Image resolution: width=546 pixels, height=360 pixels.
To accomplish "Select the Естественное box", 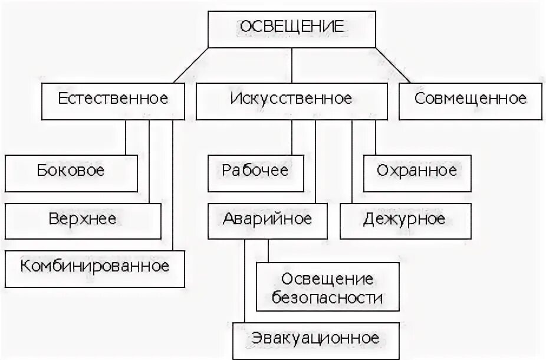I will tap(113, 99).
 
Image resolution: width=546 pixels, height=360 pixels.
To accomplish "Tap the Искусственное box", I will tap(291, 99).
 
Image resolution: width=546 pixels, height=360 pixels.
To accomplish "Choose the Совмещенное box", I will tap(470, 99).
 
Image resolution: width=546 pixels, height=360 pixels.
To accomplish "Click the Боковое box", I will tap(71, 172).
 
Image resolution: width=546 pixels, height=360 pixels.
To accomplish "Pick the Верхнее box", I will tap(83, 220).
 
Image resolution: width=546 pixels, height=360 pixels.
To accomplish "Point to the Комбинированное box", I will tap(94, 267).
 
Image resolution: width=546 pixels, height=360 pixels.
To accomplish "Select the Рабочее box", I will tap(255, 172).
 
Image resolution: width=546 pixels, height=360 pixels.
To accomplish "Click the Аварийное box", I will tap(267, 220).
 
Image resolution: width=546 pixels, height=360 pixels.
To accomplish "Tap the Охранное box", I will tap(417, 172).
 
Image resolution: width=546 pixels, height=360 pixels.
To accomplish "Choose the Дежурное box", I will tap(405, 220).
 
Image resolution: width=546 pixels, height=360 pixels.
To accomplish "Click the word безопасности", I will tap(327, 297).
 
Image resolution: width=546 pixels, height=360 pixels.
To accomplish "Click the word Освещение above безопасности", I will tap(327, 278).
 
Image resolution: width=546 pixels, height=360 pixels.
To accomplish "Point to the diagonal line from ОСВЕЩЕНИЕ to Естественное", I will tap(190, 66).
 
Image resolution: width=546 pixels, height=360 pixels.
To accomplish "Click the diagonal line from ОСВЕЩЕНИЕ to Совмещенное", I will tap(393, 66).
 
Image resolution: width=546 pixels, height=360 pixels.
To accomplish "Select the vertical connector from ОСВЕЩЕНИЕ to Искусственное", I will tap(291, 66).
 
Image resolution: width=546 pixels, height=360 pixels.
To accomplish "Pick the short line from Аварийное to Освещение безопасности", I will tap(268, 250).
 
